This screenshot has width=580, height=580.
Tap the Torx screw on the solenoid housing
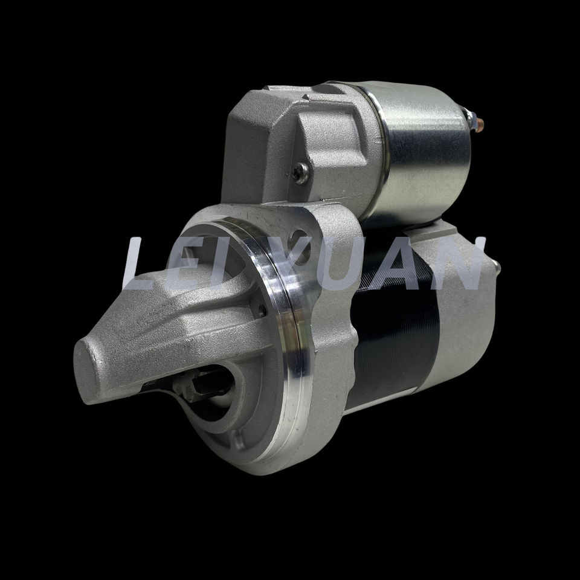pos(301,173)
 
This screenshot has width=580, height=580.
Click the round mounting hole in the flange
pos(299,246)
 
